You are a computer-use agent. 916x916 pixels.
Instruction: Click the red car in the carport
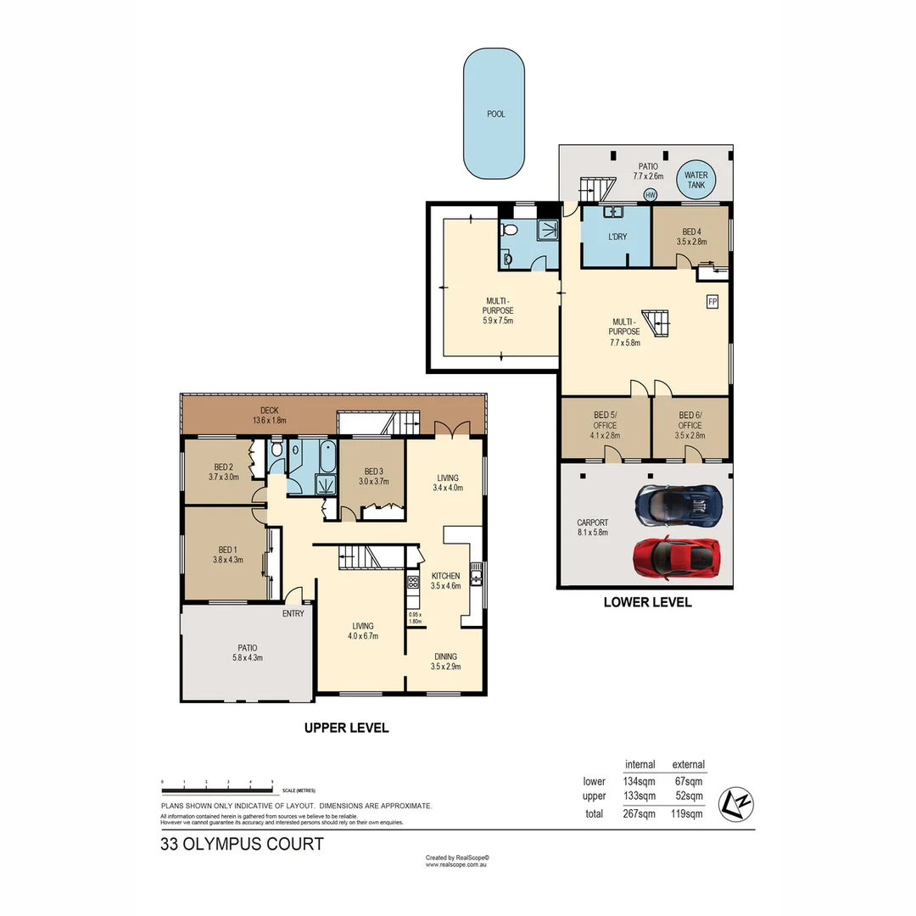pos(677,556)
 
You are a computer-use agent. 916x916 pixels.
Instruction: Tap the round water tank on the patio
pos(695,180)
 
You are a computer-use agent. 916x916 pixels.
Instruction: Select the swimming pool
pos(494,113)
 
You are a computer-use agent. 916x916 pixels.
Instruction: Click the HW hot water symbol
pos(651,195)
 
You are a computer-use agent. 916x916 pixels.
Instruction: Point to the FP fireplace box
pos(712,301)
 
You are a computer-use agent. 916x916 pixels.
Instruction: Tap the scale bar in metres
pos(217,782)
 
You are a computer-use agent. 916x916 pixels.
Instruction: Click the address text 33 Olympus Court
pos(242,844)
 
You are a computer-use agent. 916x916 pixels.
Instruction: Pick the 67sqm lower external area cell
pos(688,781)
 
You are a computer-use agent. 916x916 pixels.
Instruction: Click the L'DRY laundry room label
pos(617,237)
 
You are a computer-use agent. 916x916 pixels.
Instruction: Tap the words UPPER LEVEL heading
pos(347,728)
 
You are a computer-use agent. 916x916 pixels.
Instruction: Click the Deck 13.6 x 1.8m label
pos(270,415)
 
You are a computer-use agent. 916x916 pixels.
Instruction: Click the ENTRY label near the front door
pos(293,615)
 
